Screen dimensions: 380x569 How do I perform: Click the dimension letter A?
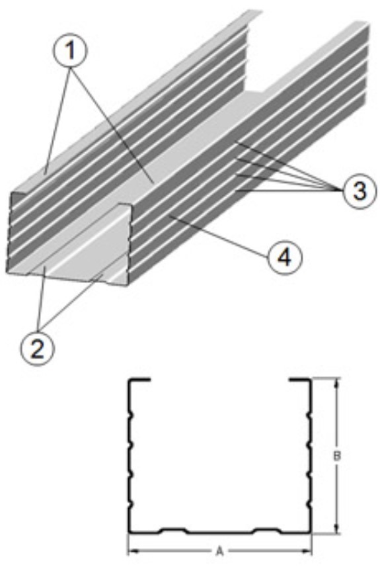pos(219,552)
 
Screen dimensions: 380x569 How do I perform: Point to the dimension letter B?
pos(337,457)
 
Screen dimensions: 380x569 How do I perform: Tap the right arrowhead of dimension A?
pos(307,552)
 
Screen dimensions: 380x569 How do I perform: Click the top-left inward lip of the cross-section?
pos(139,380)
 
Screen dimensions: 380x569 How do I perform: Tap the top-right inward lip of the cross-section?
pos(300,380)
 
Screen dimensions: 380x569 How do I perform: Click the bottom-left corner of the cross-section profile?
pos(129,533)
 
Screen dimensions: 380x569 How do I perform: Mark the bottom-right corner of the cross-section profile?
pos(311,533)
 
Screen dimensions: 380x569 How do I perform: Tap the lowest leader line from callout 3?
pos(289,190)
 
